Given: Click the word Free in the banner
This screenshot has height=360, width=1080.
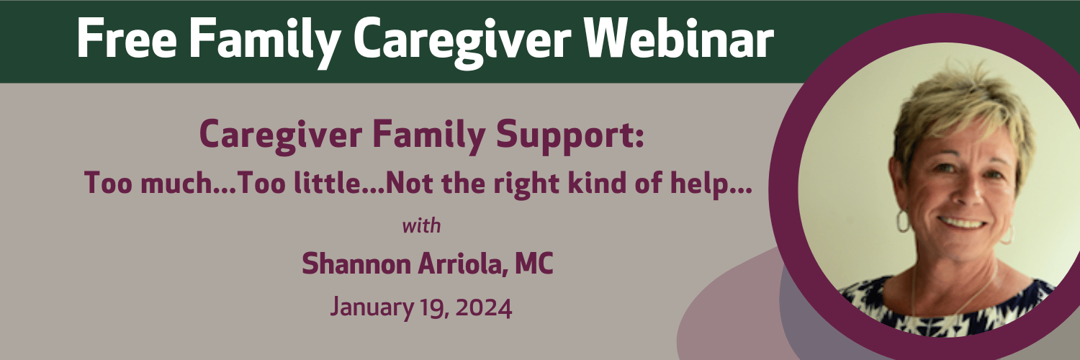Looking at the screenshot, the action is [x=126, y=39].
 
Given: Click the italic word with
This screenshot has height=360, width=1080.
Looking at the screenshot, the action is [x=421, y=225].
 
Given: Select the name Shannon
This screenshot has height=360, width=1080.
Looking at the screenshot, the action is [x=356, y=264].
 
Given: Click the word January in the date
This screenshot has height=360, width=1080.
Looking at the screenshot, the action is [x=372, y=307].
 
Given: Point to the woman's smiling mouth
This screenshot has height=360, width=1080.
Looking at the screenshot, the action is [x=963, y=222].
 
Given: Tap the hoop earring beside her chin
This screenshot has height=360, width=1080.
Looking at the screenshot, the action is [x=903, y=222].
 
